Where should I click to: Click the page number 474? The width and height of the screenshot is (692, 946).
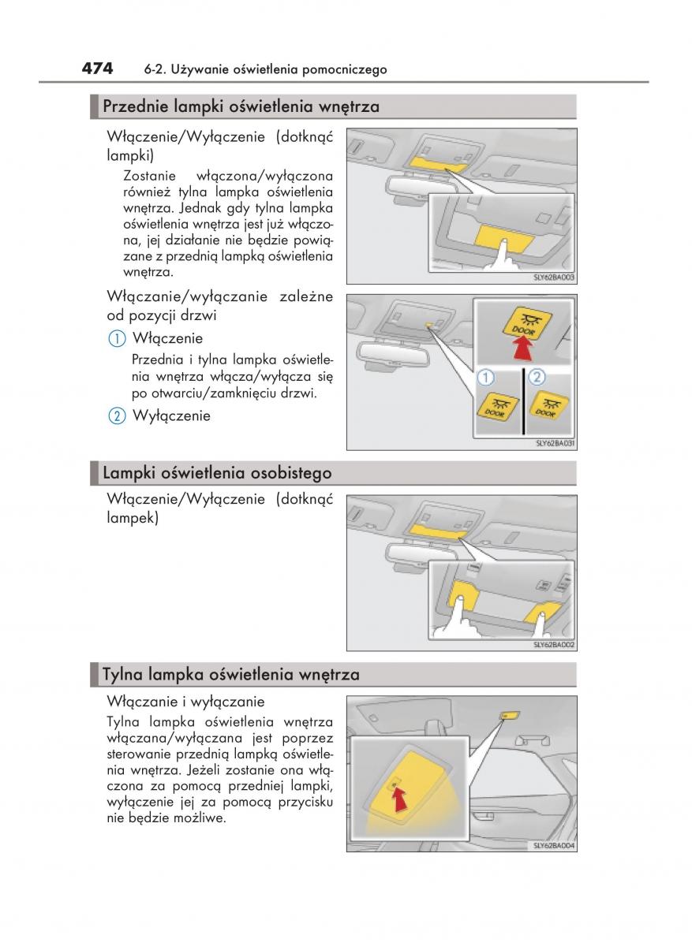tap(98, 69)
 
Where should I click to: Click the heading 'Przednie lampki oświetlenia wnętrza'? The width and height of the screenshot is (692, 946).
tap(241, 106)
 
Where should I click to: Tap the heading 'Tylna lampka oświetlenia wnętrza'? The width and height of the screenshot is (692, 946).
tap(231, 675)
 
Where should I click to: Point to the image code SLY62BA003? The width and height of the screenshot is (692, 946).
tap(555, 277)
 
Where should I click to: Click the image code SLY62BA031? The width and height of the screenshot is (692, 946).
tap(555, 443)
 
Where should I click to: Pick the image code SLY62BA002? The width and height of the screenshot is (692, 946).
tap(555, 645)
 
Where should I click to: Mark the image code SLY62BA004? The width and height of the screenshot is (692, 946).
tap(555, 846)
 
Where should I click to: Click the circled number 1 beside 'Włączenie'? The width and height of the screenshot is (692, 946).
tap(116, 339)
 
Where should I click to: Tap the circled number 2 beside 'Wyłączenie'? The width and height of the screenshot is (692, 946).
tap(116, 416)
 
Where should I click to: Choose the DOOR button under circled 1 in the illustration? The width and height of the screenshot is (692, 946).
tap(499, 407)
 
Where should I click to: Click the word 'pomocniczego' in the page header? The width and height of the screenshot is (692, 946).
tap(347, 69)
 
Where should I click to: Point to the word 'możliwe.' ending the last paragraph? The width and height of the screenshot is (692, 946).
tap(201, 818)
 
